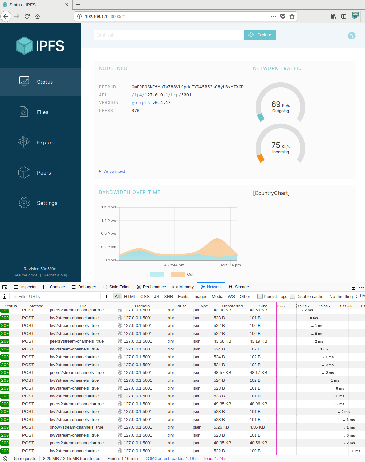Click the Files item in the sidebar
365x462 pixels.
[42, 112]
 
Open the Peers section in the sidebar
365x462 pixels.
[44, 173]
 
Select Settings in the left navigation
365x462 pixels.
[47, 203]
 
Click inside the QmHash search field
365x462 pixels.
[169, 35]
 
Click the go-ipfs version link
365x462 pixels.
[140, 103]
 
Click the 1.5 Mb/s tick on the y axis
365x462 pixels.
[109, 207]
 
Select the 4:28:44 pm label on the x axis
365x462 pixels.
[174, 265]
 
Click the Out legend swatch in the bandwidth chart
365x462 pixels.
[178, 275]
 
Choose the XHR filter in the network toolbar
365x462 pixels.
[168, 296]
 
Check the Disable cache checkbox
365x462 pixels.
[293, 296]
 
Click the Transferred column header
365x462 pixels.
[232, 306]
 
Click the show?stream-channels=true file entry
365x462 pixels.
[77, 427]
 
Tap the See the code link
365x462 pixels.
[25, 275]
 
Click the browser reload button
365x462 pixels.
[27, 16]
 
